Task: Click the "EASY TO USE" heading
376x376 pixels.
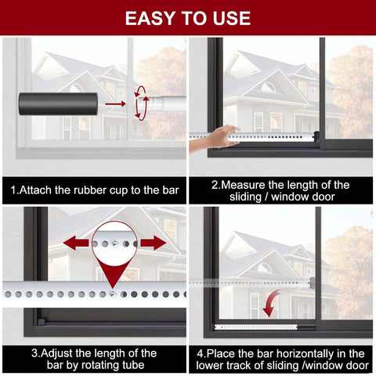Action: tap(188, 18)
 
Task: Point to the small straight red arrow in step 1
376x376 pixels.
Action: tap(115, 103)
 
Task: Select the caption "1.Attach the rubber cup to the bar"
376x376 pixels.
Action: tap(94, 190)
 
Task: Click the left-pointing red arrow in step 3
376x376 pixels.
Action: tap(78, 243)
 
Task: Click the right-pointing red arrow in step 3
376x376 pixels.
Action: tap(153, 243)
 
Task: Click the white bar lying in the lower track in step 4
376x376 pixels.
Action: tap(266, 324)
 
